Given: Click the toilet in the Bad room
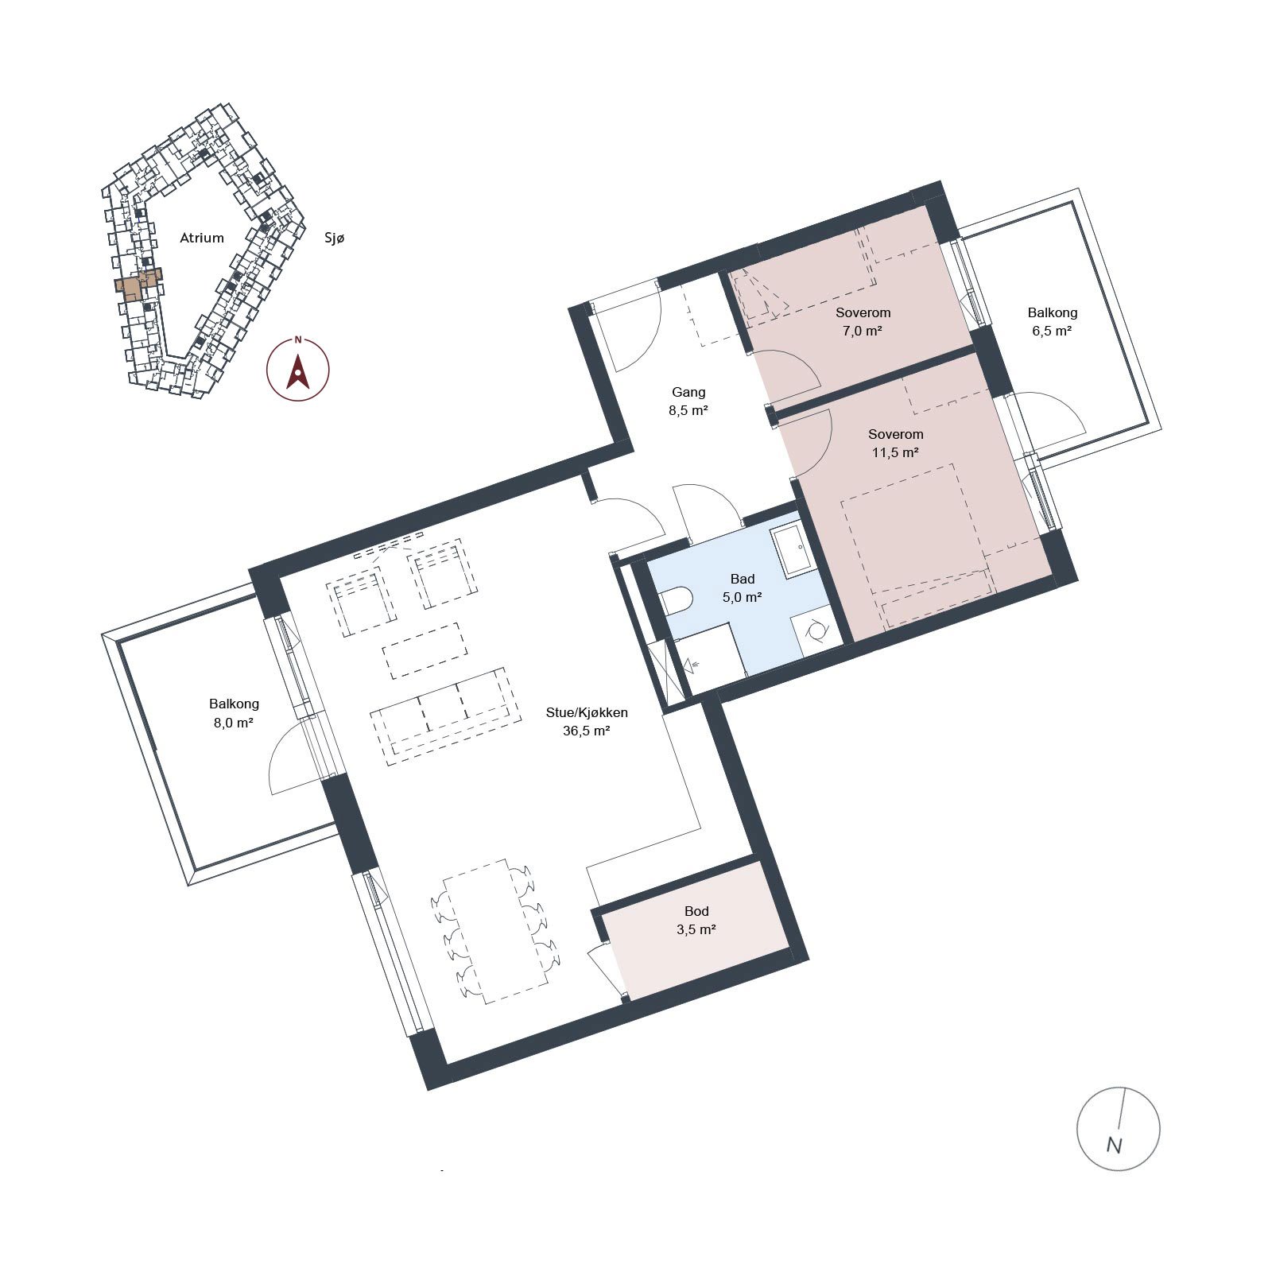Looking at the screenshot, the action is coord(676,601).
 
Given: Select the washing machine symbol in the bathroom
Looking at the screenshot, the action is coord(816,631).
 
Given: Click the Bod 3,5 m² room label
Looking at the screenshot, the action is coord(696,921).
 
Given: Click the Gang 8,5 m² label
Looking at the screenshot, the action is coord(688,401).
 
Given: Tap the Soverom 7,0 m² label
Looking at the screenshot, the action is coord(863,322).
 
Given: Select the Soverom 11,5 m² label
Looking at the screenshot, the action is coord(896,444).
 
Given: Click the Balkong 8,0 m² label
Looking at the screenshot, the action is coord(234,713).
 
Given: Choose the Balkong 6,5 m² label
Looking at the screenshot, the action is coord(1052,322).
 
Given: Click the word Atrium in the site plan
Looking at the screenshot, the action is coord(202,238).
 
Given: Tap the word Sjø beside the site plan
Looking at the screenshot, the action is coord(335,238).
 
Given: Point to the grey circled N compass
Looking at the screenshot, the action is coord(1118,1128).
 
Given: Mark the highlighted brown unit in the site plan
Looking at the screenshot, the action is coord(139,283).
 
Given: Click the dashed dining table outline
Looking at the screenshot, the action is coord(496,931).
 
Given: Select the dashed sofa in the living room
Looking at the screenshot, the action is coord(446,716).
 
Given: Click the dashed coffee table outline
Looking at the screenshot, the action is coord(425,650).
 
